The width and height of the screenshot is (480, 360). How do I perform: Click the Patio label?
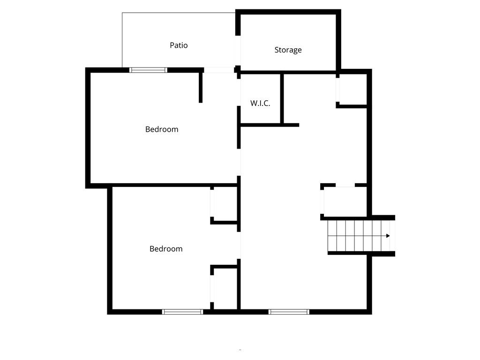(x=179, y=45)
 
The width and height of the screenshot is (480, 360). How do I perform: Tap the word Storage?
(x=288, y=50)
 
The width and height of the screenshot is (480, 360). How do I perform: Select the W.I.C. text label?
(x=260, y=103)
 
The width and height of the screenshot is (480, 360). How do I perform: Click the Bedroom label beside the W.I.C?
(x=162, y=129)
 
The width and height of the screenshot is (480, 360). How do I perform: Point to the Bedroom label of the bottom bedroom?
(x=166, y=249)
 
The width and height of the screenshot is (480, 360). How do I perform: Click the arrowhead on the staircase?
(x=388, y=236)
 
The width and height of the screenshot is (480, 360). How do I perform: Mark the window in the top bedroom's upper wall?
(x=149, y=70)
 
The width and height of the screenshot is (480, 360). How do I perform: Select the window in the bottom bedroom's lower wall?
(x=182, y=311)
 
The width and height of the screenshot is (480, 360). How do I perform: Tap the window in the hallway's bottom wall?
(x=289, y=311)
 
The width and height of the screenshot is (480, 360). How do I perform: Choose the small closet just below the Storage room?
(x=352, y=89)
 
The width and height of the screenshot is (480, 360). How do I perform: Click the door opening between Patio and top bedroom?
(x=219, y=70)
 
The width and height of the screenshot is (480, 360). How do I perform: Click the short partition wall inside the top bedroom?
(x=201, y=87)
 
